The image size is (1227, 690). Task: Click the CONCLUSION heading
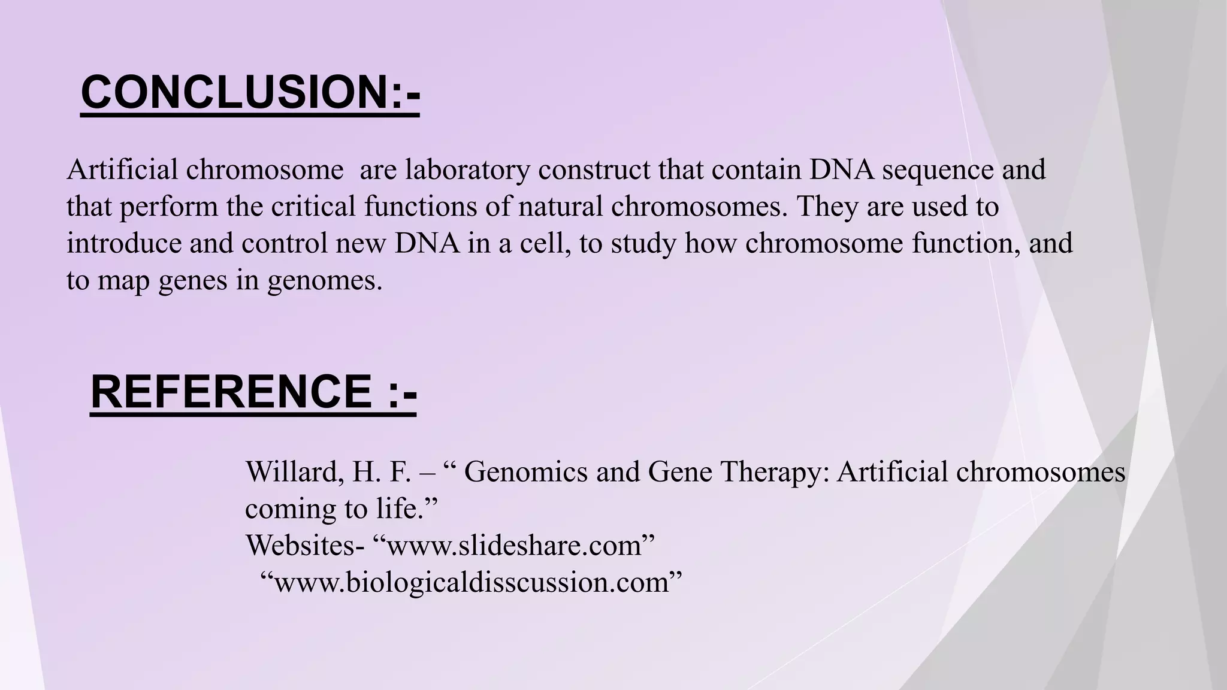pos(250,93)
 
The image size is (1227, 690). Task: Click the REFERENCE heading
pos(253,392)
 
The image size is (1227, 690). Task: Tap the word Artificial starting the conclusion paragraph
pos(122,170)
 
